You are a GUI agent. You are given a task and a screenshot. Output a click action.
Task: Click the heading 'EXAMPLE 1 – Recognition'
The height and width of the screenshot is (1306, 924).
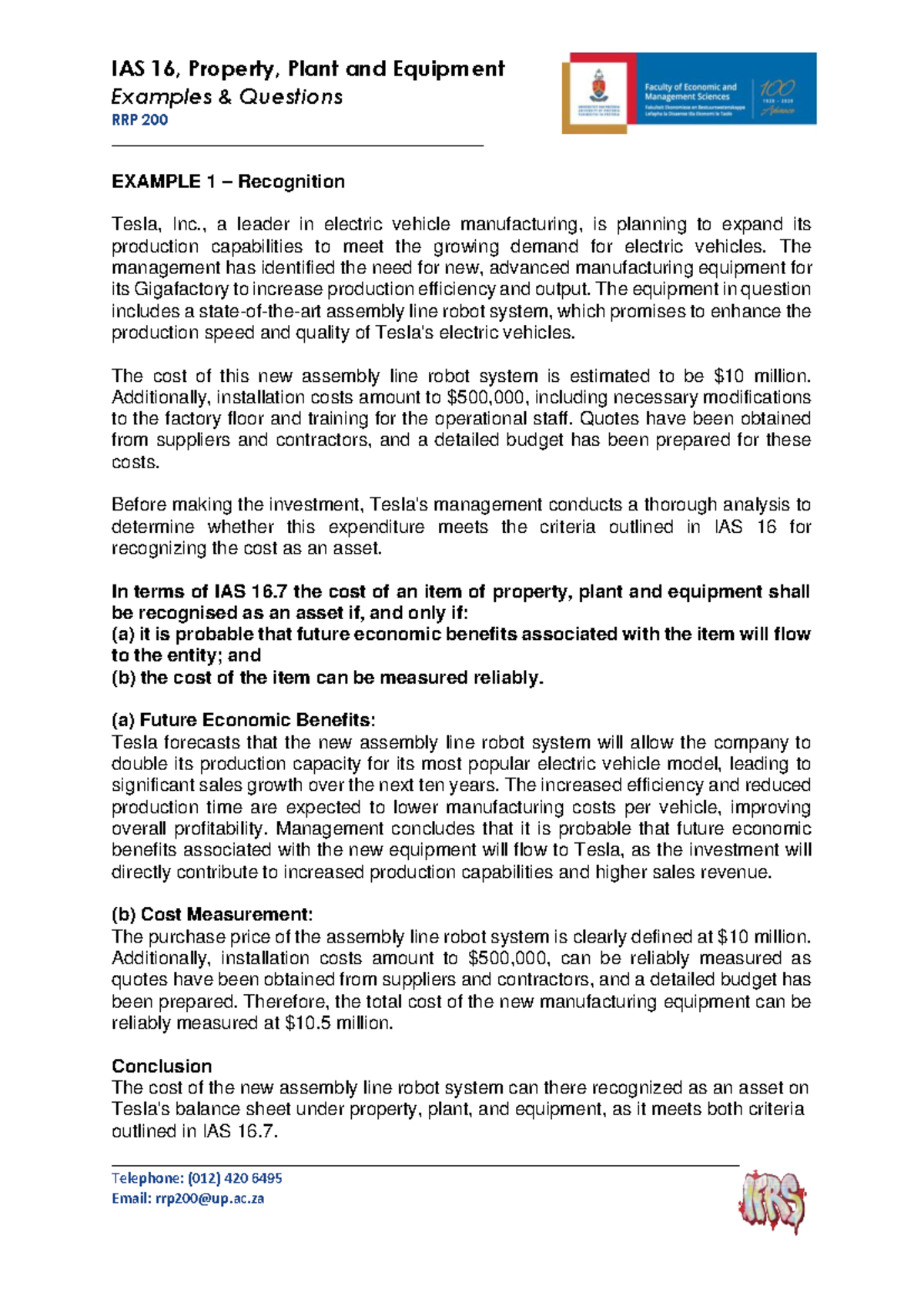[x=228, y=182]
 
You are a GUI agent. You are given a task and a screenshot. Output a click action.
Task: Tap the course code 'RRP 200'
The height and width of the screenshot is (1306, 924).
[x=139, y=120]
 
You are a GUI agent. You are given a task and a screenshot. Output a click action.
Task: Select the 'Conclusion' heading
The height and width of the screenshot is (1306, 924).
[x=162, y=1066]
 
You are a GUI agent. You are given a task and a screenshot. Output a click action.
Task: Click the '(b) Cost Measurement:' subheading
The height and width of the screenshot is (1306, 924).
[x=213, y=915]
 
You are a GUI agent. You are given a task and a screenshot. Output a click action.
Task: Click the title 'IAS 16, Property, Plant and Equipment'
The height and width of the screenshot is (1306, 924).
[x=308, y=69]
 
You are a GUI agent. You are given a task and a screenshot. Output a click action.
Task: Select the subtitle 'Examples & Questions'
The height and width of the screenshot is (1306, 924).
[x=227, y=97]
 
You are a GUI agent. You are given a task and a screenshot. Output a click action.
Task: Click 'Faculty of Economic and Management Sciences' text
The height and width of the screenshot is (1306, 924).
[x=690, y=92]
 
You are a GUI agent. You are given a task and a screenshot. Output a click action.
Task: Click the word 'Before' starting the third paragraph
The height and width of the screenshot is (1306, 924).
[x=139, y=505]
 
